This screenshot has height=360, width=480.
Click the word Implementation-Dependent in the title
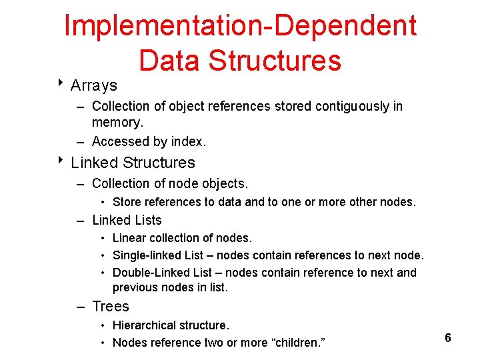point(240,27)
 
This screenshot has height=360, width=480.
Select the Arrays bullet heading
point(93,85)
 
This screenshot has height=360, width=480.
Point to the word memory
point(117,123)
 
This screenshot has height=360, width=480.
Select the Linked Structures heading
point(133,163)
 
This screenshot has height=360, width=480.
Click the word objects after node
point(223,183)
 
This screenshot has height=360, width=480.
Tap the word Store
point(127,202)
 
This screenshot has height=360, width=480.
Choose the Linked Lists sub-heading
point(127,220)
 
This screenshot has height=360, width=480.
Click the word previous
point(134,287)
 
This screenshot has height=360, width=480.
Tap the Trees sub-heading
point(110,307)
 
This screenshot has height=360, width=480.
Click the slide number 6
point(448,338)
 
